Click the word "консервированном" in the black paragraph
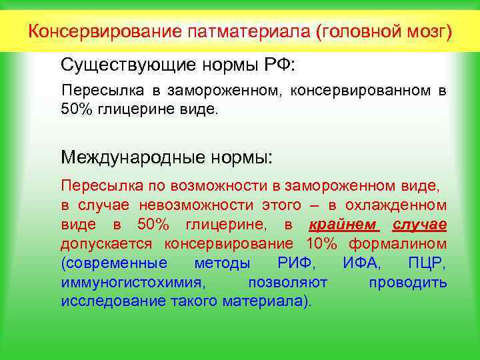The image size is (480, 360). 362,91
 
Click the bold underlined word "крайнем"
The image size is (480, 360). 344,224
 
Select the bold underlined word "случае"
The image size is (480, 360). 420,224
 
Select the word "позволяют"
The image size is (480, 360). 287,282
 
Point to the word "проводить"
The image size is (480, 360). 407,282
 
